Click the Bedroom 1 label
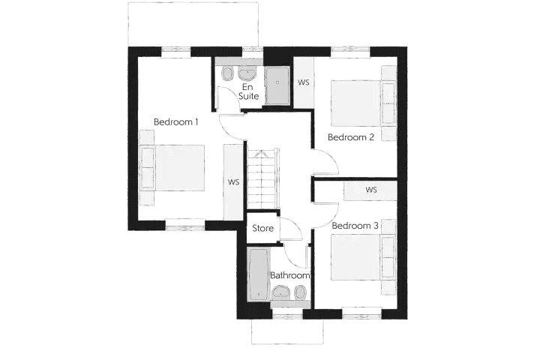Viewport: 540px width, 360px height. point(175,122)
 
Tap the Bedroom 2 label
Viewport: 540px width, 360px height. point(350,137)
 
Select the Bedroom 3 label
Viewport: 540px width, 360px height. point(355,226)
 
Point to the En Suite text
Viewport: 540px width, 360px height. point(248,91)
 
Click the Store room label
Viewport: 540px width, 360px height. point(262,228)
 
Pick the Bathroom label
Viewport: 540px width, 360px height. point(289,275)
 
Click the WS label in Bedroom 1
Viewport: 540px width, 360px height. point(233,182)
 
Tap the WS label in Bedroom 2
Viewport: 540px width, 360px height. point(304,82)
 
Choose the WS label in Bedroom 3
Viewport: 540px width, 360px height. point(371,190)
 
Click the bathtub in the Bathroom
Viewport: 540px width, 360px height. point(258,274)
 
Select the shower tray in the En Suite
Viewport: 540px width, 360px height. point(277,85)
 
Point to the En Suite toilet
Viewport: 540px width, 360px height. point(227,73)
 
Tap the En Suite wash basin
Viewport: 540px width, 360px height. point(247,73)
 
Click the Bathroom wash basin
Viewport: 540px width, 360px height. point(281,293)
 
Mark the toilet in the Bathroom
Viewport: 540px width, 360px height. point(300,292)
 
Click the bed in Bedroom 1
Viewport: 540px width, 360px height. point(172,168)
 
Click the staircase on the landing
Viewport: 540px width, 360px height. point(262,179)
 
